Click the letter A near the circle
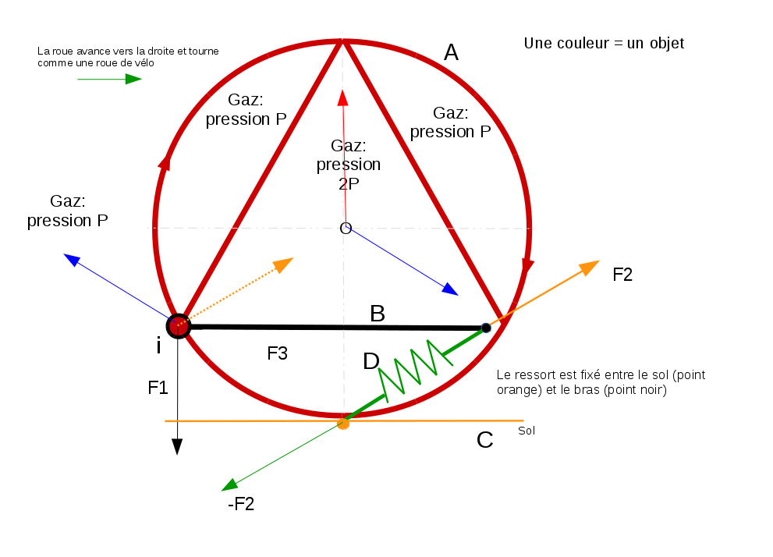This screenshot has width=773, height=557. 451,52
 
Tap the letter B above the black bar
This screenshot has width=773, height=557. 378,314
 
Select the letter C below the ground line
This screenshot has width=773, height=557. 484,440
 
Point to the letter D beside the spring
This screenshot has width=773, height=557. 371,361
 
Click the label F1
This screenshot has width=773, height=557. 158,387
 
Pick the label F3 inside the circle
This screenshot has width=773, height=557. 278,353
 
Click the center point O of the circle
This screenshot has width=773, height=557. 346,228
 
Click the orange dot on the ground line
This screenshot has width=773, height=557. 342,424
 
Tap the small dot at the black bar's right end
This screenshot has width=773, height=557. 486,328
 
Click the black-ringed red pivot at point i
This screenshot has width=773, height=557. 179,325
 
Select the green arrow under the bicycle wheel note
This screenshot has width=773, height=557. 110,79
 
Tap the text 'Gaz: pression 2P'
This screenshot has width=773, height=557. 348,165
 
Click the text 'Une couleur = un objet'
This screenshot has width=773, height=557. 604,44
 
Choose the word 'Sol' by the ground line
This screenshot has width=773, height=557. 527,430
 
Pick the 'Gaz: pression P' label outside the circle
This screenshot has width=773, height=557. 67,211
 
